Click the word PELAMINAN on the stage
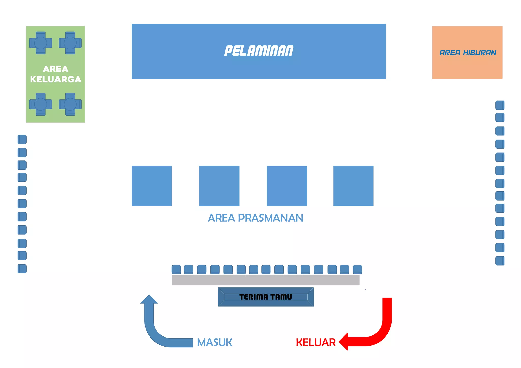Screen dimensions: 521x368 click(259, 51)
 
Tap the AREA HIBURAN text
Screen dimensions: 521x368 click(468, 53)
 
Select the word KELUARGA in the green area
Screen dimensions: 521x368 click(56, 79)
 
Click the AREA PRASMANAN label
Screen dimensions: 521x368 click(255, 218)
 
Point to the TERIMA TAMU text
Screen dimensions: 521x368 click(266, 297)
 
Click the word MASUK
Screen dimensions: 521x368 click(214, 342)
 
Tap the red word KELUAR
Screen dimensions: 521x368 click(316, 342)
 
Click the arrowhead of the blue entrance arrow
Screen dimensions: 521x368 click(149, 299)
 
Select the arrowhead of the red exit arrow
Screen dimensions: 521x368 click(343, 342)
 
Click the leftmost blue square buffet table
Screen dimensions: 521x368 click(152, 186)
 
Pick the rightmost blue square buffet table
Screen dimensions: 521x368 click(353, 186)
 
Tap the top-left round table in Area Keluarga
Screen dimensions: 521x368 click(40, 43)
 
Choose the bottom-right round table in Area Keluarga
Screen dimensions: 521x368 click(70, 104)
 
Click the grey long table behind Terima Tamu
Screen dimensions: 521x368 click(266, 280)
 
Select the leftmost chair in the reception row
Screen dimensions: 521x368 click(176, 269)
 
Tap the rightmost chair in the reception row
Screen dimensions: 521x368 click(357, 269)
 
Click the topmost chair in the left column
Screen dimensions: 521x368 click(22, 140)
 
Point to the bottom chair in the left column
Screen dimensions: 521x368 click(22, 269)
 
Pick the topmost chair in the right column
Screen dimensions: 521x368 click(500, 105)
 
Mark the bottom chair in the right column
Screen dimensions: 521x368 click(500, 261)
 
